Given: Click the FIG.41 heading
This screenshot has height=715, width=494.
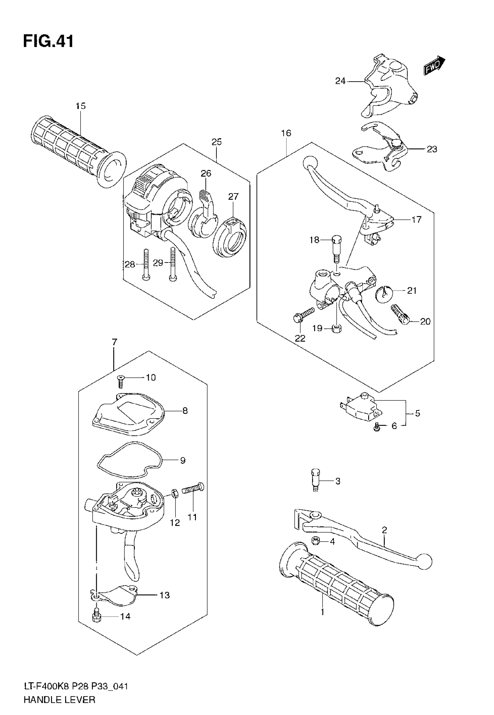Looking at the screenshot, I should [x=49, y=41].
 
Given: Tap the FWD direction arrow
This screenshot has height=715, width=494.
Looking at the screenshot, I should [x=434, y=66].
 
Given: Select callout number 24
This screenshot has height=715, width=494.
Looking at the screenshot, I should [x=340, y=81].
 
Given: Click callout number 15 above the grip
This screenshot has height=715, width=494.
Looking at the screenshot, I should [x=80, y=106].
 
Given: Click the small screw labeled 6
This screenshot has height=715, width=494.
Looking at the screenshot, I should [x=377, y=428].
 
